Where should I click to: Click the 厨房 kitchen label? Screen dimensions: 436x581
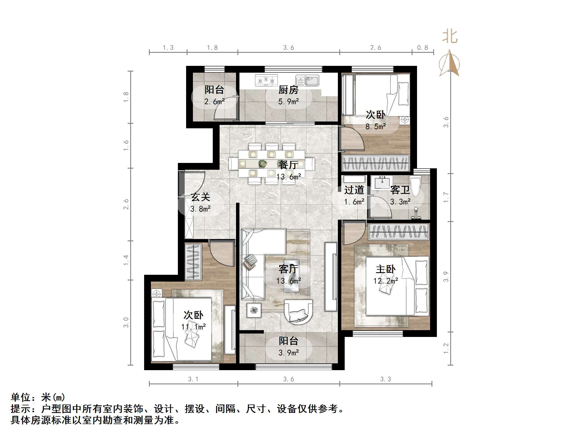(x=288, y=90)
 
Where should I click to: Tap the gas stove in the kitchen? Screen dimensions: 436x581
(x=266, y=80)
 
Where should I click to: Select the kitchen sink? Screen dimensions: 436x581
(x=308, y=80)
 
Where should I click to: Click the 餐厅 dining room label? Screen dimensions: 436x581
(x=288, y=165)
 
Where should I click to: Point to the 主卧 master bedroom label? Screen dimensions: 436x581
(x=386, y=269)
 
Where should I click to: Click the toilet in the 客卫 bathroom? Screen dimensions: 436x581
(x=415, y=186)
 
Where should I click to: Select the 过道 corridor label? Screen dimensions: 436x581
(x=354, y=190)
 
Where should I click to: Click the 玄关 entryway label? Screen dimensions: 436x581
(x=200, y=197)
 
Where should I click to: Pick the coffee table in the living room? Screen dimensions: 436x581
(x=291, y=275)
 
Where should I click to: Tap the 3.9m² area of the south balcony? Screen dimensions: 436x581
(x=289, y=353)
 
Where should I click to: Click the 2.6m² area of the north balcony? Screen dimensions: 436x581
(x=214, y=101)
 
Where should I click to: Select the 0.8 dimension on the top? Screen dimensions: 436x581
(x=422, y=48)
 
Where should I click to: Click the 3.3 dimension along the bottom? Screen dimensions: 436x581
(x=386, y=379)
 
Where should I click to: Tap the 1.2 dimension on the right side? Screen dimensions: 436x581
(x=446, y=348)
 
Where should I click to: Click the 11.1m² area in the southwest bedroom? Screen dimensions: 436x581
(x=193, y=327)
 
